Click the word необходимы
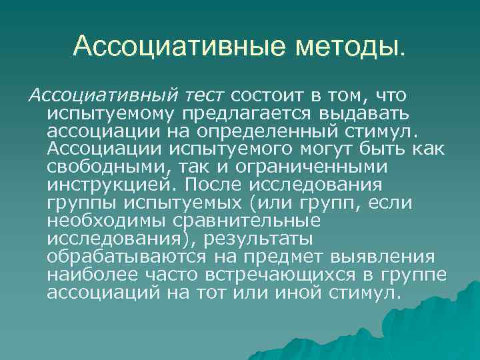coord(108,219)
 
